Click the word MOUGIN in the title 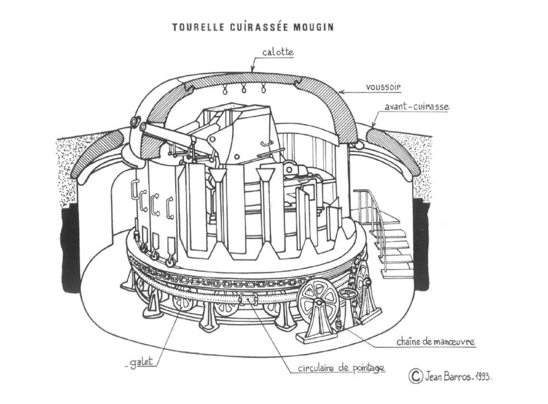313,27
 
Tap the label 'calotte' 278,52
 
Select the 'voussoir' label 383,87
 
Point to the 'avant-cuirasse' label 416,107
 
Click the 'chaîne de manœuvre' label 436,342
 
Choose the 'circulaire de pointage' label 341,368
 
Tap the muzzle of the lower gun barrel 143,127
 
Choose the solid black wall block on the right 421,244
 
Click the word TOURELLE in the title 198,27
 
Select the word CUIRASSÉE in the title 259,27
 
